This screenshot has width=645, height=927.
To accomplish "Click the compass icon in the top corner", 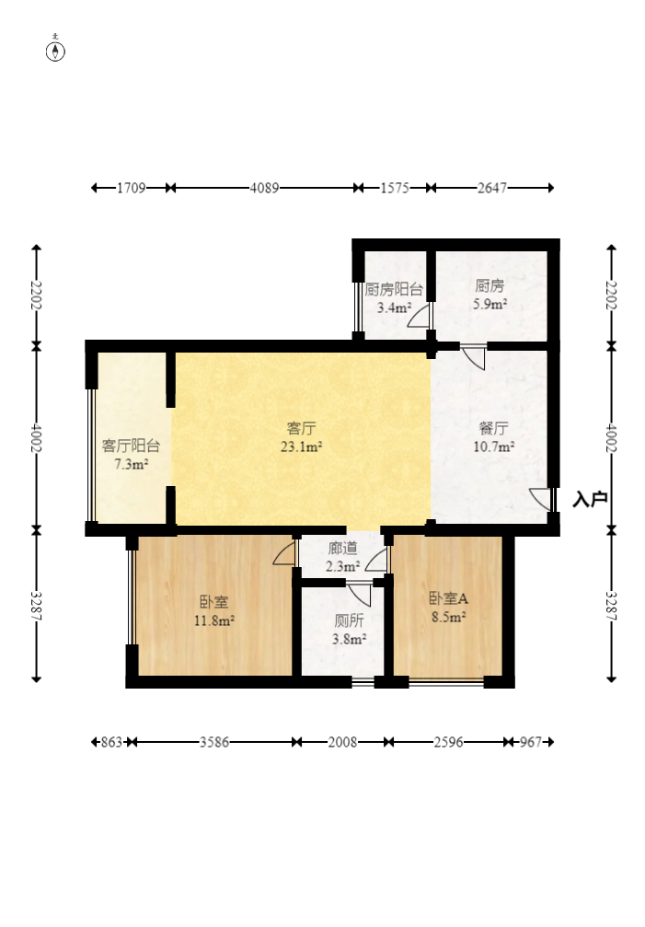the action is click(x=55, y=52).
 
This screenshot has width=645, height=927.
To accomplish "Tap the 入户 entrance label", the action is click(x=590, y=500).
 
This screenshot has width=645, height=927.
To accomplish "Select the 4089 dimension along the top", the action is click(x=264, y=188).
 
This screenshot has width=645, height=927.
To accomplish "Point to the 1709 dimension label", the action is click(x=132, y=188).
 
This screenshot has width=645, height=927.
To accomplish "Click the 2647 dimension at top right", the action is click(x=492, y=188).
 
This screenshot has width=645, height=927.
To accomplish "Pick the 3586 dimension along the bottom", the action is click(x=213, y=742).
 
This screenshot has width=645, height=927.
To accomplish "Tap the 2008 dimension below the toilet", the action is click(x=342, y=742).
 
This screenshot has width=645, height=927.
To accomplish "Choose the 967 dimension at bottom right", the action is click(x=530, y=742).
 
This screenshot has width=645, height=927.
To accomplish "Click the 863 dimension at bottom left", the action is click(x=111, y=742).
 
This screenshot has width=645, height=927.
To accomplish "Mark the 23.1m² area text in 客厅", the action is click(x=301, y=447).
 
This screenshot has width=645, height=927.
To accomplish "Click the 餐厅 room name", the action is click(x=493, y=428).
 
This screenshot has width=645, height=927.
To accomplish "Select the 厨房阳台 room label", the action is click(x=394, y=290).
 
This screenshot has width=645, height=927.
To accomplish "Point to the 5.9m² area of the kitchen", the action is click(x=490, y=305).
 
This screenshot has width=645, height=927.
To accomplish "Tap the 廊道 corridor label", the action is click(x=342, y=549).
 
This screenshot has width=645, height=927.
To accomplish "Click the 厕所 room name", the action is click(x=349, y=620).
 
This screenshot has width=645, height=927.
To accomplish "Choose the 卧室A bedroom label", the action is click(x=448, y=599).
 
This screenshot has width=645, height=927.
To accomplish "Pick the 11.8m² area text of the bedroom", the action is click(x=214, y=620).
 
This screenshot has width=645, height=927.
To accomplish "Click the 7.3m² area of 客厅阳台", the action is click(x=132, y=465).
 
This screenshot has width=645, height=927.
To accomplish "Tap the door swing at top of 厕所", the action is click(x=359, y=594).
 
